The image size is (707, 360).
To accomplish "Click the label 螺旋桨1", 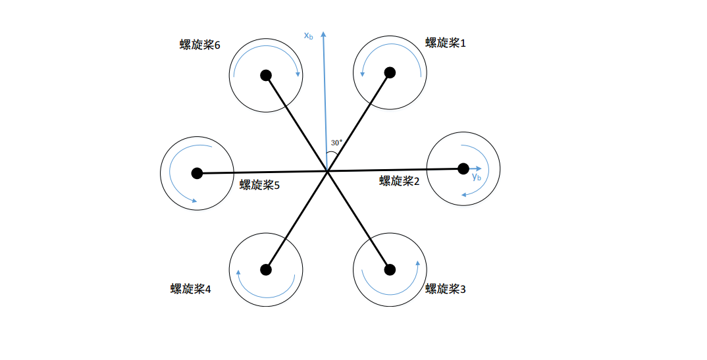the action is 446,43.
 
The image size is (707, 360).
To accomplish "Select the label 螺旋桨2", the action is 399,181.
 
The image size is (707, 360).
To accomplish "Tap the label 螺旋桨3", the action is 446,289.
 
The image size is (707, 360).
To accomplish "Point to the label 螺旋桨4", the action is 190,289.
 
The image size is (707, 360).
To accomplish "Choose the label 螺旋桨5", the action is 259,185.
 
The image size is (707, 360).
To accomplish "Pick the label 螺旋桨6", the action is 199,45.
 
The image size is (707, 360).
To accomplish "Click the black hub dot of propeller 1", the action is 390,72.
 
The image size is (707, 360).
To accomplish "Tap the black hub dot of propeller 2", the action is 463,168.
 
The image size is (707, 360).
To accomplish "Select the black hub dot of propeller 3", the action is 390,269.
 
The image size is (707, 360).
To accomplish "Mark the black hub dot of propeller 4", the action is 266,269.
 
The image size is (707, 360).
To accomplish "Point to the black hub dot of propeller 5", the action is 196,173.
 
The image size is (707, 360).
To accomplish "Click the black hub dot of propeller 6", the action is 266,75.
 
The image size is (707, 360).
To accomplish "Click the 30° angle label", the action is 336,143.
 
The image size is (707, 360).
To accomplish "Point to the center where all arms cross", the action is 327,171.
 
